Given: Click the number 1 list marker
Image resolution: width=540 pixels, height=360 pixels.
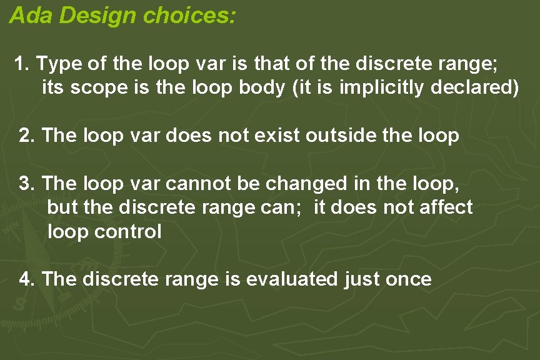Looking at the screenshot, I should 22,64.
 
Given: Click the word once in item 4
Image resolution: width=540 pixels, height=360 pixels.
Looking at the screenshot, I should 408,279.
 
